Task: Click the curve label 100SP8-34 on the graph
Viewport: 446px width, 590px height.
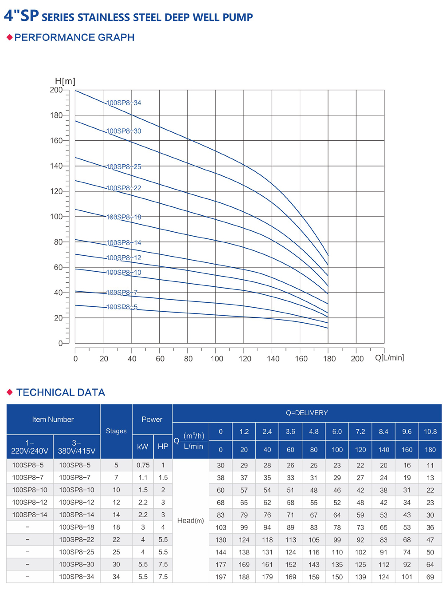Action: click(124, 103)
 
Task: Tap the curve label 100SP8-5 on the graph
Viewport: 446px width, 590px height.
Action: click(122, 307)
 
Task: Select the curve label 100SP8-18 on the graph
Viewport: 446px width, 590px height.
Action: click(124, 217)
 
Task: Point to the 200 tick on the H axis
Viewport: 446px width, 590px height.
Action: click(56, 90)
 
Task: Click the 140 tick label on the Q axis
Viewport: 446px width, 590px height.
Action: click(273, 359)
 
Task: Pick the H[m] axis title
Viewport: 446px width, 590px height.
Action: click(65, 81)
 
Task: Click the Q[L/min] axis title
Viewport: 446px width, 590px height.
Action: click(389, 358)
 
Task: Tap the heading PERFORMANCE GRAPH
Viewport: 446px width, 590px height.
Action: click(74, 37)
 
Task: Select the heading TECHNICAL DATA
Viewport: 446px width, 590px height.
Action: click(60, 392)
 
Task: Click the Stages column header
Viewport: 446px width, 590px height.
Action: click(116, 431)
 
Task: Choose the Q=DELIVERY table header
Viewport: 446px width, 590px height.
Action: click(307, 413)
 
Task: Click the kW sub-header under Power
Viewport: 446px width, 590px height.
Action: click(143, 447)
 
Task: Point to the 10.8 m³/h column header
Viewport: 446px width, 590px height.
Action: click(430, 432)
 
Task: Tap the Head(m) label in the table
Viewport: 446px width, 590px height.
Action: click(190, 520)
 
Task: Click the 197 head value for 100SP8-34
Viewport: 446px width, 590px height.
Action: click(220, 577)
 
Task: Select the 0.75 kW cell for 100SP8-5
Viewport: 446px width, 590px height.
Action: click(143, 465)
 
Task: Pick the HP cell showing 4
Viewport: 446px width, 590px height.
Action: click(163, 527)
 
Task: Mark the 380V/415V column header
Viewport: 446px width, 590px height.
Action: click(77, 447)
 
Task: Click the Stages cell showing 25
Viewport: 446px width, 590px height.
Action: click(116, 552)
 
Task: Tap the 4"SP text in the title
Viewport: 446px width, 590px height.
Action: click(21, 16)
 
